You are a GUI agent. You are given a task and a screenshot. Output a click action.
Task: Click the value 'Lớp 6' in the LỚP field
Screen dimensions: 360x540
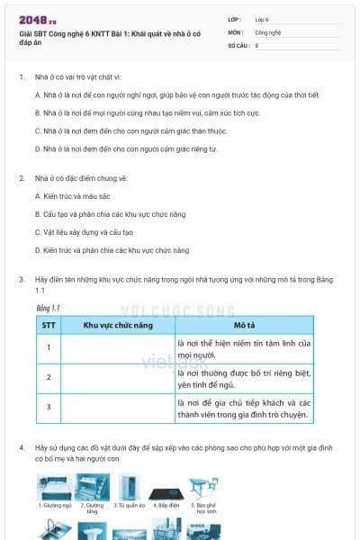coord(262,18)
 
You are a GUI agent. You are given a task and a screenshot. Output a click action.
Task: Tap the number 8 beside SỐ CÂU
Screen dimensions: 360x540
coord(256,44)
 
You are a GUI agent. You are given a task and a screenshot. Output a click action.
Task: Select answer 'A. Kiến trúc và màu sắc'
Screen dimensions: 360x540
coord(78,195)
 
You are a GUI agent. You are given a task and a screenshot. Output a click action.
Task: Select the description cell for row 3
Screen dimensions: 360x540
coord(244,409)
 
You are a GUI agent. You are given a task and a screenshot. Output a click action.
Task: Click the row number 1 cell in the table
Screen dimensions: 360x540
coord(48,347)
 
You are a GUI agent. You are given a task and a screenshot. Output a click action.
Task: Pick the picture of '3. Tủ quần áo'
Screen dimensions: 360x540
coord(129,487)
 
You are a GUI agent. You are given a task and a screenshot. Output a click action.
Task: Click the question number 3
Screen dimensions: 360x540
coord(22,280)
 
